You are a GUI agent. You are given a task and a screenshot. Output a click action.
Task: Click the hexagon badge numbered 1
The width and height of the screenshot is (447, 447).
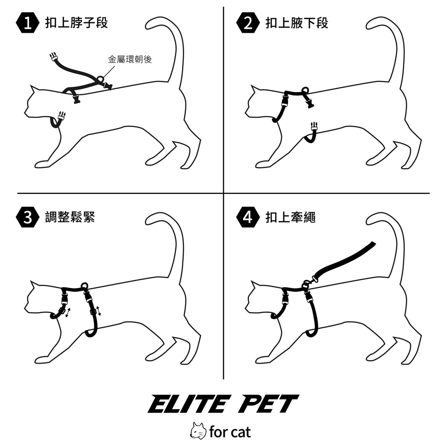click(x=28, y=23)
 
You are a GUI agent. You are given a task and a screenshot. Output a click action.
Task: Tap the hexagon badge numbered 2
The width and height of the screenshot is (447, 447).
click(x=248, y=23)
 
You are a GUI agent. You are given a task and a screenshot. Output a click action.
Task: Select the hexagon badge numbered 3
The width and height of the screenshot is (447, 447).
click(x=28, y=217)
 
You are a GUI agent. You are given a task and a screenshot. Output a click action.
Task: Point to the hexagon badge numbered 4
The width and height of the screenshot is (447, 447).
click(x=248, y=217)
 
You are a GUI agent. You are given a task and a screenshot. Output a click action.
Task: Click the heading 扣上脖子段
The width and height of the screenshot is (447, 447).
click(x=76, y=23)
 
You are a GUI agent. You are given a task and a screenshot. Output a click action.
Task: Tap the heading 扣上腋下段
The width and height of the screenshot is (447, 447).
click(x=297, y=23)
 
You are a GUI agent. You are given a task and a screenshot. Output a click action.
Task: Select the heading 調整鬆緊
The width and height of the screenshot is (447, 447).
click(x=70, y=217)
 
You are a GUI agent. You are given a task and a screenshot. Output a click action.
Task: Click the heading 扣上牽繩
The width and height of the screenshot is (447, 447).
click(x=290, y=217)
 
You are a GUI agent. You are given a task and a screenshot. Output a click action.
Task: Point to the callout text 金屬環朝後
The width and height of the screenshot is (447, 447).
click(x=130, y=59)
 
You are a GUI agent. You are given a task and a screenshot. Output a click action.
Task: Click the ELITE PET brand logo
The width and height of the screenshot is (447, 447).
click(x=223, y=404)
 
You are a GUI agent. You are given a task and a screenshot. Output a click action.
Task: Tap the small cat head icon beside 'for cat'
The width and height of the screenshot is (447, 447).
click(x=198, y=431)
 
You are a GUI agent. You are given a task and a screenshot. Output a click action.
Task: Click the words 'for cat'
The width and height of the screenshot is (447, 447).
click(x=230, y=432)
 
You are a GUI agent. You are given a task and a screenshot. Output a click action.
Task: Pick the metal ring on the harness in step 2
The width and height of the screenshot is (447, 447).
click(x=305, y=90)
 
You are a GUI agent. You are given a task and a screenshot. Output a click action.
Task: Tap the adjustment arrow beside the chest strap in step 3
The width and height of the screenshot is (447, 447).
click(x=98, y=311)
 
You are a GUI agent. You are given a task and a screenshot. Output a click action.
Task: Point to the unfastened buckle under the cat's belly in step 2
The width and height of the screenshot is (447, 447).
click(x=314, y=127)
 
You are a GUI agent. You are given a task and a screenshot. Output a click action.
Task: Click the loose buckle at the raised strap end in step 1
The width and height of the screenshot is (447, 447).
click(x=53, y=57)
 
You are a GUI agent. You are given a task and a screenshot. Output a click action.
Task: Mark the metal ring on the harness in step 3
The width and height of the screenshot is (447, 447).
click(x=85, y=285)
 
